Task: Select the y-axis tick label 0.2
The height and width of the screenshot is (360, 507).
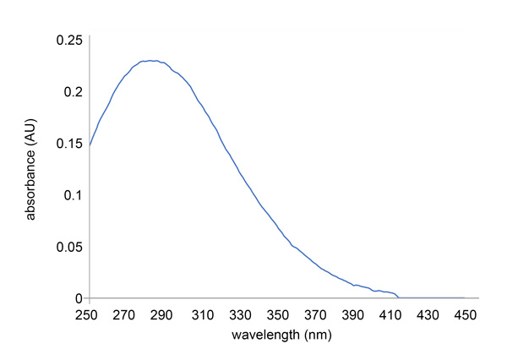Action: (x=73, y=91)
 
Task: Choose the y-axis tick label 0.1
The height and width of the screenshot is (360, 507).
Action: (x=73, y=195)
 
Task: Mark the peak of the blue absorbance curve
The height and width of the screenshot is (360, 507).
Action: (x=150, y=61)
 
